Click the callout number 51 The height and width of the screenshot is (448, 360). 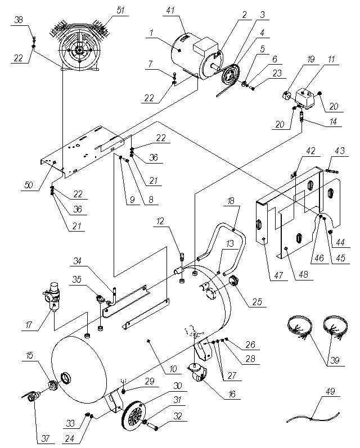(121, 10)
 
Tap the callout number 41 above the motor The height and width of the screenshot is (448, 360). (170, 10)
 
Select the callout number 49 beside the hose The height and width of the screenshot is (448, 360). (330, 391)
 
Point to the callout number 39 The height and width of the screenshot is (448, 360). (335, 360)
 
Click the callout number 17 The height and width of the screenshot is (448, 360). (29, 325)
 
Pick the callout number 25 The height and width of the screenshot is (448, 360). (257, 301)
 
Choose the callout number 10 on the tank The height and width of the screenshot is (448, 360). (173, 369)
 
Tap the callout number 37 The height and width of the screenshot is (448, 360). (46, 438)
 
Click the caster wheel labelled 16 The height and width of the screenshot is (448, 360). (198, 373)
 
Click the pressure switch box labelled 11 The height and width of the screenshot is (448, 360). (306, 98)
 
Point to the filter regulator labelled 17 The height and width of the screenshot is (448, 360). (53, 295)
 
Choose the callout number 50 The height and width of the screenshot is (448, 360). (29, 185)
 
